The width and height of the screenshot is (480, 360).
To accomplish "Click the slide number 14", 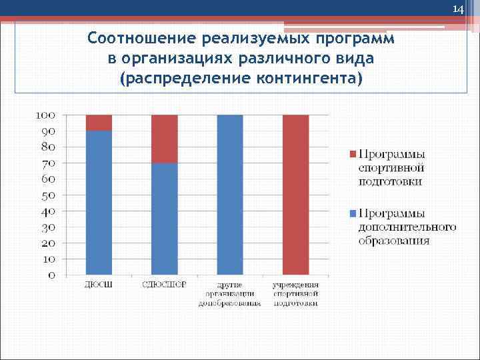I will (457, 9).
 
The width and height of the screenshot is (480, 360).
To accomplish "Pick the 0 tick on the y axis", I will (51, 275).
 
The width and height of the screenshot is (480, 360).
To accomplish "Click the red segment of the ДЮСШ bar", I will (99, 123).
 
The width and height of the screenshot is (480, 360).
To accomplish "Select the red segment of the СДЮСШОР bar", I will (165, 139).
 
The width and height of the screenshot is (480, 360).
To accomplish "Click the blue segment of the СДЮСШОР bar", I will (165, 219).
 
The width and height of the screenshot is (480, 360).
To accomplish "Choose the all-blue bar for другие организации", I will (230, 195).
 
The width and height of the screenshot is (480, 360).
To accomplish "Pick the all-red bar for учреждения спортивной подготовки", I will (296, 195).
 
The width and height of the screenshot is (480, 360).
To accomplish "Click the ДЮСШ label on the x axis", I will (99, 285).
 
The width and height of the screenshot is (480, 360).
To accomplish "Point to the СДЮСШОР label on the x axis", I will (165, 285).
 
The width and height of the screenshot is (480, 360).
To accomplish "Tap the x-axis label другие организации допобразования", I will (230, 294).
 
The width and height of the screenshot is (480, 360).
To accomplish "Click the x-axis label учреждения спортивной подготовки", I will (296, 294).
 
